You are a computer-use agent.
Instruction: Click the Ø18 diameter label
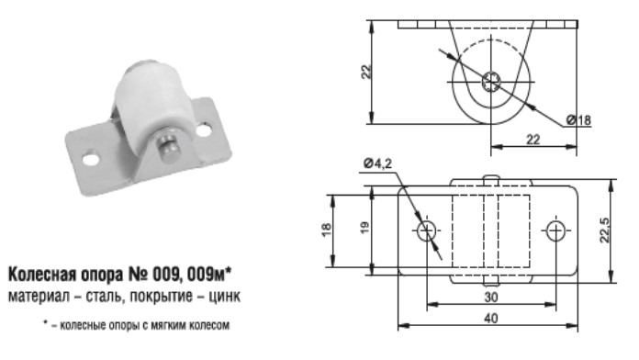(578, 120)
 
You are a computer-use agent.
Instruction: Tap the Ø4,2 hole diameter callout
(377, 163)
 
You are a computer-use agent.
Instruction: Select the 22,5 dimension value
(605, 231)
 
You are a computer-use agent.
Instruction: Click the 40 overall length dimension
(492, 318)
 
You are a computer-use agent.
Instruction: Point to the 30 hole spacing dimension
(491, 297)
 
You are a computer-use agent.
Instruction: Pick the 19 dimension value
(364, 227)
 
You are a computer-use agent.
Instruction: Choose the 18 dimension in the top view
(327, 231)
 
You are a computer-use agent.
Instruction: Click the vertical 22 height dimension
(366, 72)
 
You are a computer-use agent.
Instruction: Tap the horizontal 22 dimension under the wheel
(533, 140)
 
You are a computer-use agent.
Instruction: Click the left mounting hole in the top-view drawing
(427, 231)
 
